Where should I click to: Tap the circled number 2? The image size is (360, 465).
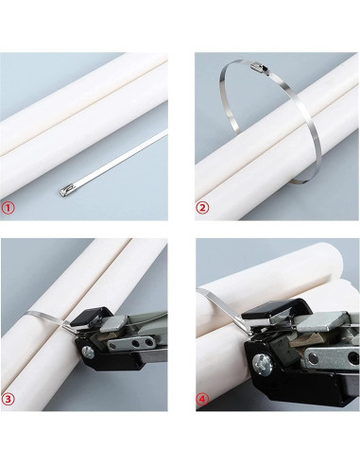[202, 207]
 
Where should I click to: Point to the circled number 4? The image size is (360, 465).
[203, 398]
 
